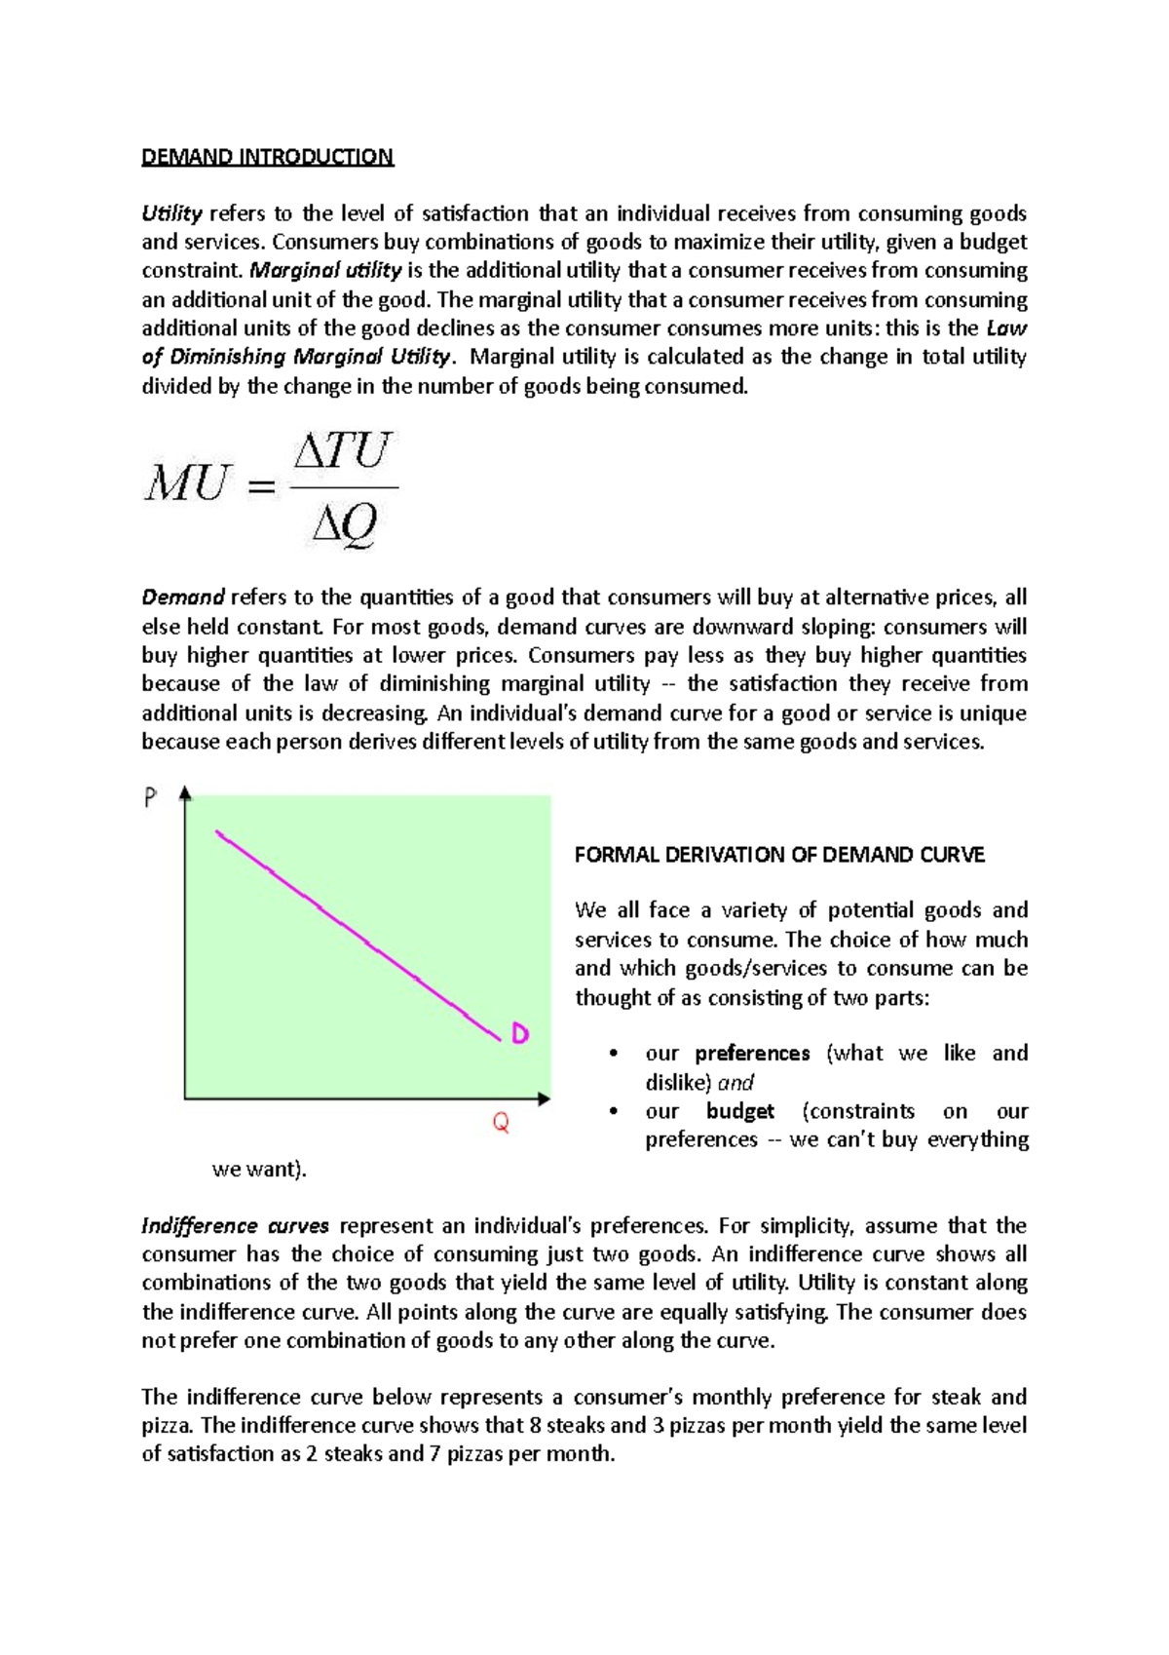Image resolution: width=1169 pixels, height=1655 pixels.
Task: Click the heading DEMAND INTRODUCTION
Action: coord(267,157)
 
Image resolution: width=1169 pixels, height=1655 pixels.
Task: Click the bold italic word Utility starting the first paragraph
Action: coord(171,213)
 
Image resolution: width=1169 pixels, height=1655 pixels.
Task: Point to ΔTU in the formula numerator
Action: coord(342,451)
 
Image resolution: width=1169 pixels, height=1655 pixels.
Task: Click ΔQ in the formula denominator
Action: coord(344,526)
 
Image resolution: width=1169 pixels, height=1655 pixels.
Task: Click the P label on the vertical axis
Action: coord(150,799)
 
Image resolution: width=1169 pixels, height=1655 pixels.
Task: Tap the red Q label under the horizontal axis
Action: coord(501,1124)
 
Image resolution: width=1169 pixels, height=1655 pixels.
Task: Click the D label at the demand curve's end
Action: coord(520,1034)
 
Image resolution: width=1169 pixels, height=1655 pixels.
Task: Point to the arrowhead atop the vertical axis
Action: coord(185,794)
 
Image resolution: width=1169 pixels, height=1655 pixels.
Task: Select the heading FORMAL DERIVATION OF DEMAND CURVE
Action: coord(779,855)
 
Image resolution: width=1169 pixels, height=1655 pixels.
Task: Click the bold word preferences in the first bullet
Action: coord(752,1054)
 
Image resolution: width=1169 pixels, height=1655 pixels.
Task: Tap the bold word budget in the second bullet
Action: coord(740,1111)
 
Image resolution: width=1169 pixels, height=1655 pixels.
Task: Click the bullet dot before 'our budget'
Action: coord(612,1111)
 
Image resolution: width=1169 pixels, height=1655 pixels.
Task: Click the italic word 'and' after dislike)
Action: coord(735,1083)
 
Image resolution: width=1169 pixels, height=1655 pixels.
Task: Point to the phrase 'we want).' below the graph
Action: coord(259,1169)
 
